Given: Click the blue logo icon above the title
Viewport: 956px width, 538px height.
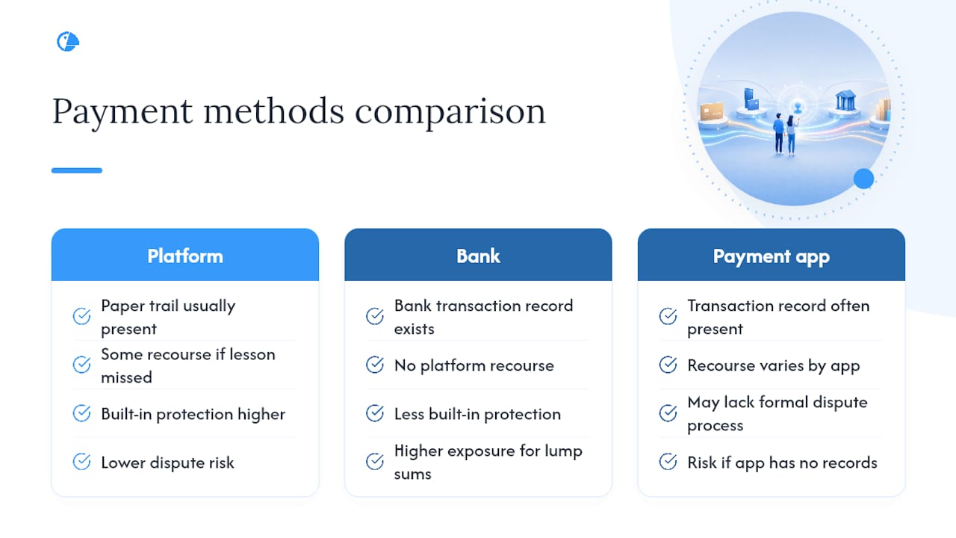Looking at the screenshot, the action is pos(68,41).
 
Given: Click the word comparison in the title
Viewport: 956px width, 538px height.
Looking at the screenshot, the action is pos(450,112).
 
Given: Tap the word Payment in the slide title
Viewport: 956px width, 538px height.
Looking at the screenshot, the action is pos(122,111).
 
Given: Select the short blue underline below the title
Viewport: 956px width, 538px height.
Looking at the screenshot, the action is pos(77,170).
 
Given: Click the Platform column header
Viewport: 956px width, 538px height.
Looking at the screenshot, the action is pos(185,256).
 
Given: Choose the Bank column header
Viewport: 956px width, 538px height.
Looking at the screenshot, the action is pos(478,256).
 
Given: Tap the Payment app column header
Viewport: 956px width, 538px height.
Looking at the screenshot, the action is pos(772,256).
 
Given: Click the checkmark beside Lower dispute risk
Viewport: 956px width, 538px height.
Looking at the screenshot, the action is pos(81,462).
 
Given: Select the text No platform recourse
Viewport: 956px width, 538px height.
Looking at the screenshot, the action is pos(474,365).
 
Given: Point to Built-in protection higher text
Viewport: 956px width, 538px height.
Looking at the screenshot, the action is pos(193,414).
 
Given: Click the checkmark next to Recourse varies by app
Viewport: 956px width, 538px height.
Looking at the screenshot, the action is pos(668,365).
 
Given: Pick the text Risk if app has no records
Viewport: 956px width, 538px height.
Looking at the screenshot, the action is pos(782,463).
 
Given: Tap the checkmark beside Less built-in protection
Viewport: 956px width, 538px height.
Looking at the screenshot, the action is pos(375,413).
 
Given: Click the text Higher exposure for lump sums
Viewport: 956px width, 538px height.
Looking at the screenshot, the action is pos(488,462).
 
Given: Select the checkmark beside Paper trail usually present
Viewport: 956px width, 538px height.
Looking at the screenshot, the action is pos(81,316).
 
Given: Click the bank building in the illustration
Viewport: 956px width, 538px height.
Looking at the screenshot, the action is pos(845,101).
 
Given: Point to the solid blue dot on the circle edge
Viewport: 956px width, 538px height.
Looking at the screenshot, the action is pos(863,179).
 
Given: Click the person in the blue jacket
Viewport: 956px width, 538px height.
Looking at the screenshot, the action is pos(779,133).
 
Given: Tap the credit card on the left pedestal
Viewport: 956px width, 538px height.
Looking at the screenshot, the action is pos(712,112).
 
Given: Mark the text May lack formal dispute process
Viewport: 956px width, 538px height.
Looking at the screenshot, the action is pos(777,414).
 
